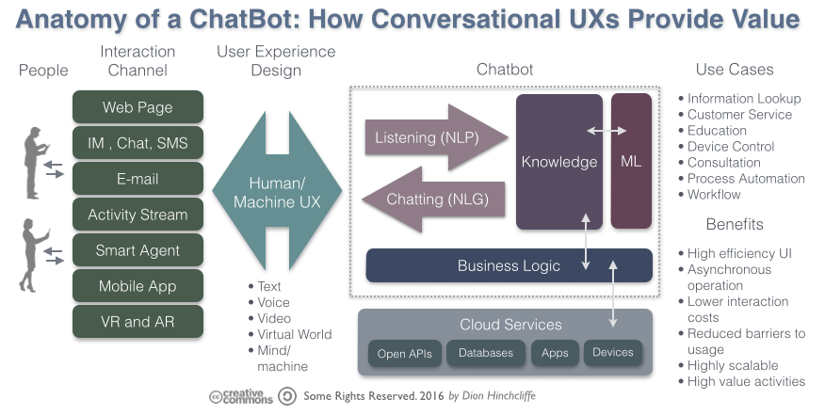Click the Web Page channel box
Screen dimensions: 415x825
(137, 107)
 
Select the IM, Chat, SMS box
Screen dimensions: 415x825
(137, 143)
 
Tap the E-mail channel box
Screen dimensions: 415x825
(137, 179)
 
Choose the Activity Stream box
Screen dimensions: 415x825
(137, 215)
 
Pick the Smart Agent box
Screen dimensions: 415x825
(137, 250)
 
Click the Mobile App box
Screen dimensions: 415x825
(137, 286)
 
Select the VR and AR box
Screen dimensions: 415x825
(137, 322)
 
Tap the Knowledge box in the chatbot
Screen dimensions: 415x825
(559, 161)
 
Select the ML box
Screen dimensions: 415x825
(631, 161)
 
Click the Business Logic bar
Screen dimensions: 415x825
(509, 265)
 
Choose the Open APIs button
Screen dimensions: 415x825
(404, 354)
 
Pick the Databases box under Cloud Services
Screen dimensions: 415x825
(486, 353)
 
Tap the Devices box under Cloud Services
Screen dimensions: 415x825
(612, 353)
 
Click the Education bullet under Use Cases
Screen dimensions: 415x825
(717, 131)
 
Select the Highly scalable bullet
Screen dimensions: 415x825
(733, 365)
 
